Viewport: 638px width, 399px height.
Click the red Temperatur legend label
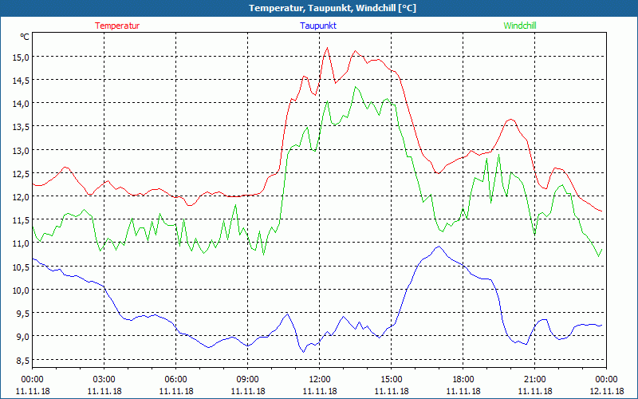[117, 26]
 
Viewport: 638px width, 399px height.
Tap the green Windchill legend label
[520, 26]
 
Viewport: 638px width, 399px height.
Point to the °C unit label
[25, 37]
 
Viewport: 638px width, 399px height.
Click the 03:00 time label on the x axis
[104, 378]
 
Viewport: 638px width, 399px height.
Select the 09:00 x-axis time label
[248, 378]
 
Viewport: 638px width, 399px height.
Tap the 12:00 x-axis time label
[320, 378]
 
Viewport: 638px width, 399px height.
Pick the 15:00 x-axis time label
[392, 378]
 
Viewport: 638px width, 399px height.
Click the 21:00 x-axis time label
[535, 378]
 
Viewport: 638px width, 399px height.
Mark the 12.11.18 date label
[607, 391]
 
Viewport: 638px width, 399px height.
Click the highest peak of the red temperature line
[327, 48]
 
